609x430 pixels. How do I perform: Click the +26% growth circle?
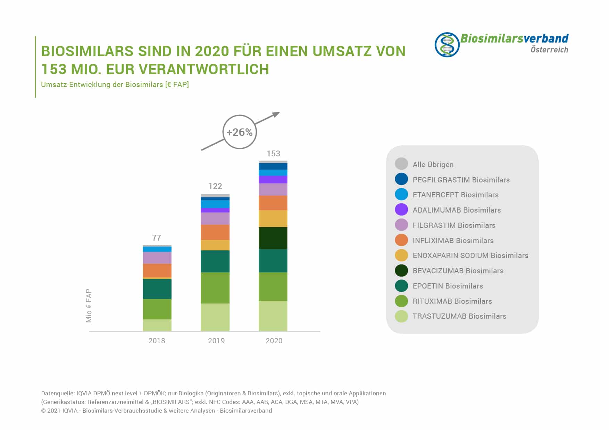click(239, 132)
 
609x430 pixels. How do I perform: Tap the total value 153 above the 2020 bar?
click(273, 154)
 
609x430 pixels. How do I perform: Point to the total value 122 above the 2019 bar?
click(215, 186)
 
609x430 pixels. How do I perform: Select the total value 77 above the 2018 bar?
click(157, 238)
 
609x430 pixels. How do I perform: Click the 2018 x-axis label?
click(157, 341)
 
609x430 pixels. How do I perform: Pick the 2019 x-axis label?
click(216, 341)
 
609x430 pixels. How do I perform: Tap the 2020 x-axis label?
click(274, 341)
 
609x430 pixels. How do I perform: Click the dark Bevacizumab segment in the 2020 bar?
click(273, 238)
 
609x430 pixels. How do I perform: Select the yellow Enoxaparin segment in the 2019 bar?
click(215, 245)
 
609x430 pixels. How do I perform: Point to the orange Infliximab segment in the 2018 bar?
click(157, 270)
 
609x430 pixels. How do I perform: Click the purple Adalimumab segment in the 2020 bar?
click(273, 179)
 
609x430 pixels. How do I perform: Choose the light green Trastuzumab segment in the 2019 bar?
click(215, 317)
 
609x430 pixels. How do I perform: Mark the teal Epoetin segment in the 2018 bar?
click(157, 289)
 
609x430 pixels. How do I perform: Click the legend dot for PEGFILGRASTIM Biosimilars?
click(401, 179)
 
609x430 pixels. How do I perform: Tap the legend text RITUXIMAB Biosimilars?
click(452, 301)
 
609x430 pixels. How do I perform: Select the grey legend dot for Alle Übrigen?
click(401, 164)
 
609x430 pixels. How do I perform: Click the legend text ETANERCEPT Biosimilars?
click(455, 195)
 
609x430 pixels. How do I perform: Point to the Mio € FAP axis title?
click(89, 306)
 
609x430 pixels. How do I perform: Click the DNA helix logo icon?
click(447, 45)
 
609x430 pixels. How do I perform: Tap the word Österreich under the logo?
click(549, 50)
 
